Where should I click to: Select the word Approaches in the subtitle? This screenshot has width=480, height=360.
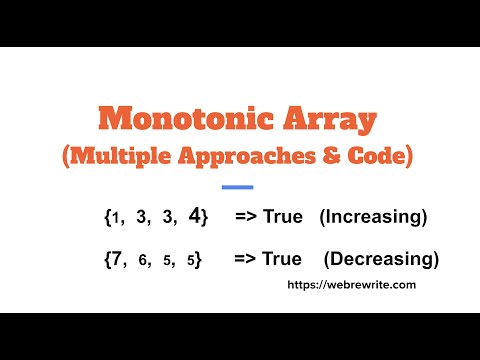click(x=245, y=159)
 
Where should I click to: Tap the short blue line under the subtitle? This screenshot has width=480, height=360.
click(x=237, y=187)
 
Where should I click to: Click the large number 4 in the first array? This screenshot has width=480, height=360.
click(x=195, y=216)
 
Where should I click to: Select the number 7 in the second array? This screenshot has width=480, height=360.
click(x=120, y=259)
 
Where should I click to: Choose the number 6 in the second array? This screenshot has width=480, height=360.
click(x=145, y=261)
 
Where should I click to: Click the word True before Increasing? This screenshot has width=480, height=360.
click(x=283, y=217)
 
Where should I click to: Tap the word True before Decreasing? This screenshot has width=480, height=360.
click(x=281, y=259)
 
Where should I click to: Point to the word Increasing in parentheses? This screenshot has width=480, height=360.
click(x=373, y=217)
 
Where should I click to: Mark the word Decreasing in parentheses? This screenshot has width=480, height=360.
click(x=381, y=259)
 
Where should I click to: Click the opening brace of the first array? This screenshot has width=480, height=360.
click(x=107, y=217)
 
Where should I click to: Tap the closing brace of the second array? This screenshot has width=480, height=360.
click(x=200, y=260)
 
